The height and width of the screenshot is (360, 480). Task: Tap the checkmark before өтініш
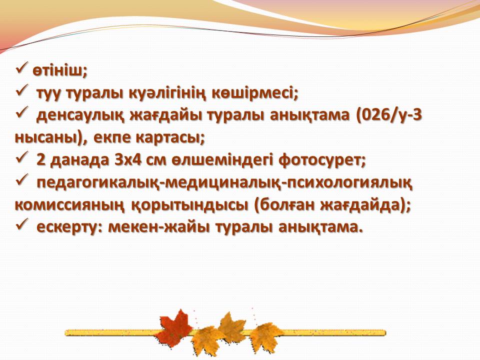point(21,68)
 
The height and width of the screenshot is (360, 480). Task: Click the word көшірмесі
point(252,93)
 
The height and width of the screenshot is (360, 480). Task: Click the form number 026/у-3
point(389,115)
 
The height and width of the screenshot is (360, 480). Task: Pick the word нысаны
point(48,138)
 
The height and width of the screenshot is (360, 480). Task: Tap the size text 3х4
point(128,160)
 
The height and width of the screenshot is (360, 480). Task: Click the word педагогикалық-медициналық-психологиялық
point(224,183)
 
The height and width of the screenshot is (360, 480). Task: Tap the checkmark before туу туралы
point(21,90)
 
